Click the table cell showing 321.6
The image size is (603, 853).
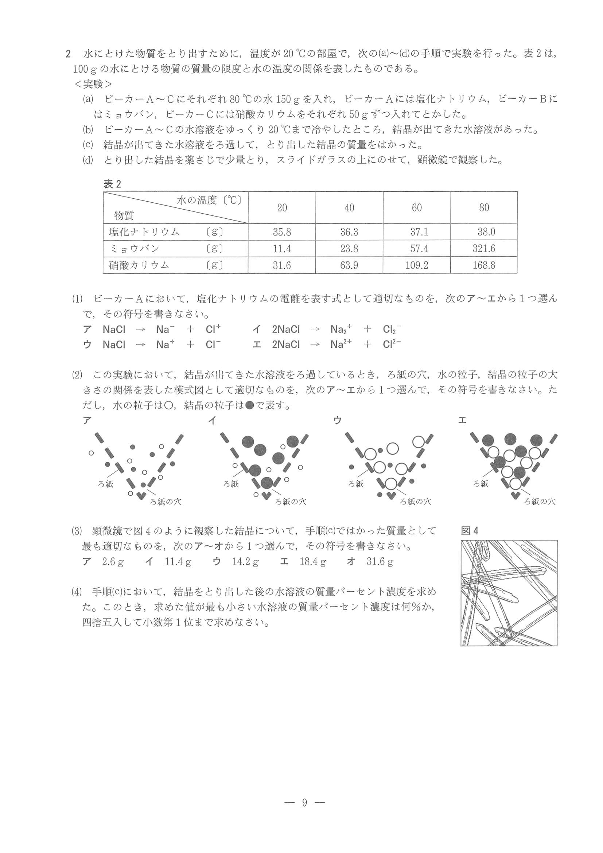[483, 249]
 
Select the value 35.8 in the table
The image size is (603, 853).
[281, 232]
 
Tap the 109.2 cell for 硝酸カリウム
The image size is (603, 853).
[416, 265]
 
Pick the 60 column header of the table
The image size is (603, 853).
[416, 208]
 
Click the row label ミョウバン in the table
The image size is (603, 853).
[135, 249]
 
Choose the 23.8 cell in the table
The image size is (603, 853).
[349, 249]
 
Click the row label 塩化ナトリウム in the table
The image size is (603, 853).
[144, 232]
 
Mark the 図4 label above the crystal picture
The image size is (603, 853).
[470, 531]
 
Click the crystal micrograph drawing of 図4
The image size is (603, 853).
[509, 593]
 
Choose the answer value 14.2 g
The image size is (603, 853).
[245, 562]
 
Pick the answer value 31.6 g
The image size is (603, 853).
[380, 562]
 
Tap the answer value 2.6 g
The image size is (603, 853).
[113, 562]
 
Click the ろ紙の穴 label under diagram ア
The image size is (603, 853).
[166, 502]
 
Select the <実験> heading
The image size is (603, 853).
[93, 85]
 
